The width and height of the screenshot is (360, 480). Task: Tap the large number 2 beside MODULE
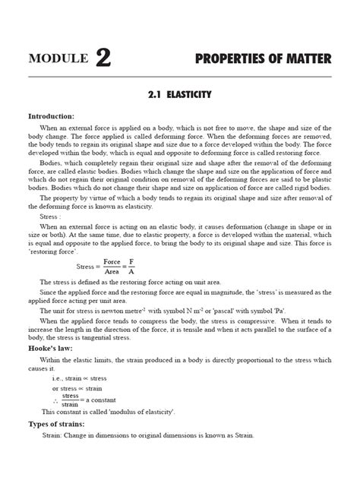tap(103, 57)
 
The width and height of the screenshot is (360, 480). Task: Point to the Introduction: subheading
tap(51, 116)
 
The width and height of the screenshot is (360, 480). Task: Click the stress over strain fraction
tap(70, 399)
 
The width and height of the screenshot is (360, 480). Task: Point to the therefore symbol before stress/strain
tap(55, 399)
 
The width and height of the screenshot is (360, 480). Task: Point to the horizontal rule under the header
tap(179, 77)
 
